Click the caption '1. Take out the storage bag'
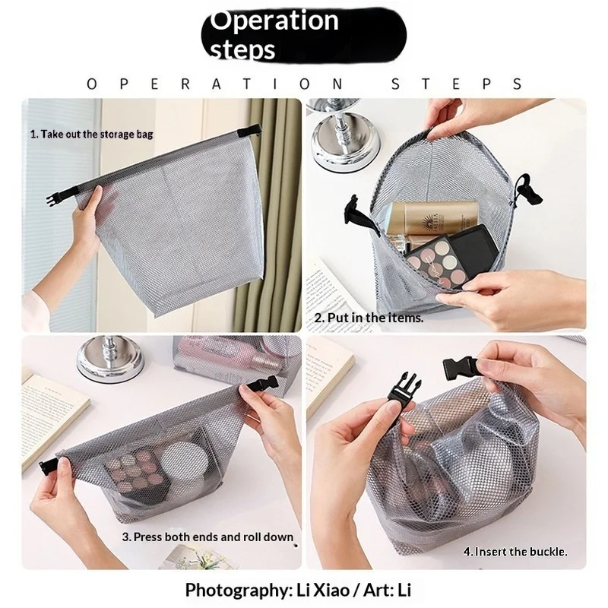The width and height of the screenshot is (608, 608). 92,135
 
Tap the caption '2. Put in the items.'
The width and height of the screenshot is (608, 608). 369,318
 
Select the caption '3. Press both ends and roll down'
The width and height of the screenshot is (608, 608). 207,537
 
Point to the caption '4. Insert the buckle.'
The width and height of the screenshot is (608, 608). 515,552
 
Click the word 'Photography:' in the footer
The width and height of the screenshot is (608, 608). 239,591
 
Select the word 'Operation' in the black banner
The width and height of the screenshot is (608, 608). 274,21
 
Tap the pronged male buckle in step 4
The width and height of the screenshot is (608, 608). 404,388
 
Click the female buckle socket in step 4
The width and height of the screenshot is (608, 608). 461,367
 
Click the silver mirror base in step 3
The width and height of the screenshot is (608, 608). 110,359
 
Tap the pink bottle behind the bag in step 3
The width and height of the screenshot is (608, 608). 229,359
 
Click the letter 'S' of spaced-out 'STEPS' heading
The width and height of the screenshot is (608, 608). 395,84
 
